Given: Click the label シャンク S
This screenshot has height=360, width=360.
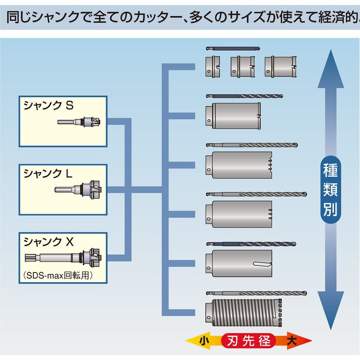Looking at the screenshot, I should pos(48,106).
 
